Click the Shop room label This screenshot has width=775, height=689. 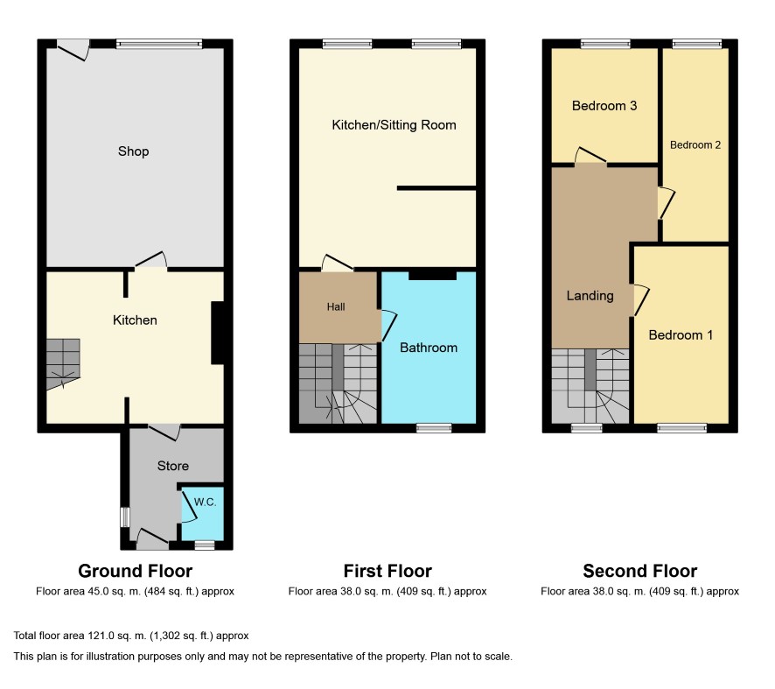pyautogui.click(x=134, y=151)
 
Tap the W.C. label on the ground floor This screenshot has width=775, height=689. pyautogui.click(x=205, y=502)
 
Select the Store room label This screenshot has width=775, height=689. pyautogui.click(x=173, y=466)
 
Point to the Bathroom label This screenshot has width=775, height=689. pyautogui.click(x=429, y=348)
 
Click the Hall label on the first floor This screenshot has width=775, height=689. pyautogui.click(x=336, y=306)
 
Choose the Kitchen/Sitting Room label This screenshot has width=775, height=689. pyautogui.click(x=394, y=125)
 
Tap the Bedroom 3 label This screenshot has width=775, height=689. pyautogui.click(x=604, y=106)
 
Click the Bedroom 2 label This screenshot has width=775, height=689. pyautogui.click(x=695, y=145)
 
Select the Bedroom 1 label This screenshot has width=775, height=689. pyautogui.click(x=681, y=335)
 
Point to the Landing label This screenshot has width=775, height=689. pyautogui.click(x=590, y=296)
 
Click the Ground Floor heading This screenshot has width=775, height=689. pyautogui.click(x=135, y=571)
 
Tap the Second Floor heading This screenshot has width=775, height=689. pyautogui.click(x=640, y=571)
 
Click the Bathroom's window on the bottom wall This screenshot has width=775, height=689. pyautogui.click(x=434, y=428)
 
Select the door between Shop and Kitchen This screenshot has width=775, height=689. pyautogui.click(x=151, y=260)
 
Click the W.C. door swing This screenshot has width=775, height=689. pyautogui.click(x=188, y=505)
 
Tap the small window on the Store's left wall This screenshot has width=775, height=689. pyautogui.click(x=125, y=517)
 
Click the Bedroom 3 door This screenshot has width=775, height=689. pyautogui.click(x=590, y=155)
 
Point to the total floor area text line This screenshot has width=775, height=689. pyautogui.click(x=131, y=636)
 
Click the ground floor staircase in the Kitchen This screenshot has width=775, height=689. pyautogui.click(x=63, y=364)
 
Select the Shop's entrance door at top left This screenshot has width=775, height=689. pyautogui.click(x=73, y=50)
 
